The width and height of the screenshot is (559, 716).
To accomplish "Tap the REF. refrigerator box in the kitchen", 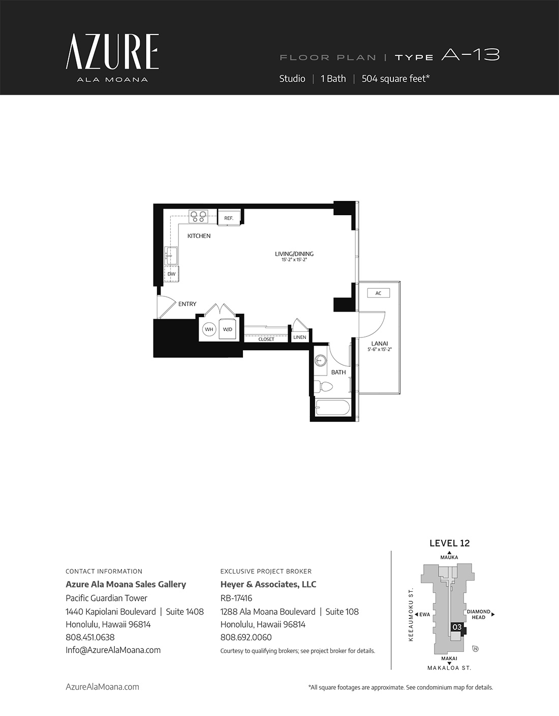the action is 229,218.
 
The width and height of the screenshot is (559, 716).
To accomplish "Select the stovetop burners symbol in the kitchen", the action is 198,216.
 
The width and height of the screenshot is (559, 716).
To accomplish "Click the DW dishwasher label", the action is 171,274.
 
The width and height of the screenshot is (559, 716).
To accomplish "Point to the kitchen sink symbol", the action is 171,256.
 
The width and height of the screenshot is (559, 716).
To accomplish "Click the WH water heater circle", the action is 209,329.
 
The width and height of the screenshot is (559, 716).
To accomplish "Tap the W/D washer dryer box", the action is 227,329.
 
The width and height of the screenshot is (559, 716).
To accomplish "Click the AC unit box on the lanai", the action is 378,293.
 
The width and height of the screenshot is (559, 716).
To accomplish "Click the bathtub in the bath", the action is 332,407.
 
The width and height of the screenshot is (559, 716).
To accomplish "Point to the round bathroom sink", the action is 320,360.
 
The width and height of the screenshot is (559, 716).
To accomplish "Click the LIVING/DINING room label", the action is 294,254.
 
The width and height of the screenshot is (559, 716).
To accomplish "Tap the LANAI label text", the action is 380,344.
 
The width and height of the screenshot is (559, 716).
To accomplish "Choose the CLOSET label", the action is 266,339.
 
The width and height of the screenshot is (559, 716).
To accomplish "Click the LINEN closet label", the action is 300,337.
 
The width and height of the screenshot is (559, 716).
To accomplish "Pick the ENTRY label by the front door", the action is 187,304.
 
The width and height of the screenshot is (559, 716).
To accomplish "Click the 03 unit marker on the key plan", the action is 457,627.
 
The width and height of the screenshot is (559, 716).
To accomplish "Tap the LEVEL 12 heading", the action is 449,543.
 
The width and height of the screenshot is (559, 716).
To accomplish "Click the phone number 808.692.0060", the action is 246,637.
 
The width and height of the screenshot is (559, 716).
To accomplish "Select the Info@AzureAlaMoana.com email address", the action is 113,650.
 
